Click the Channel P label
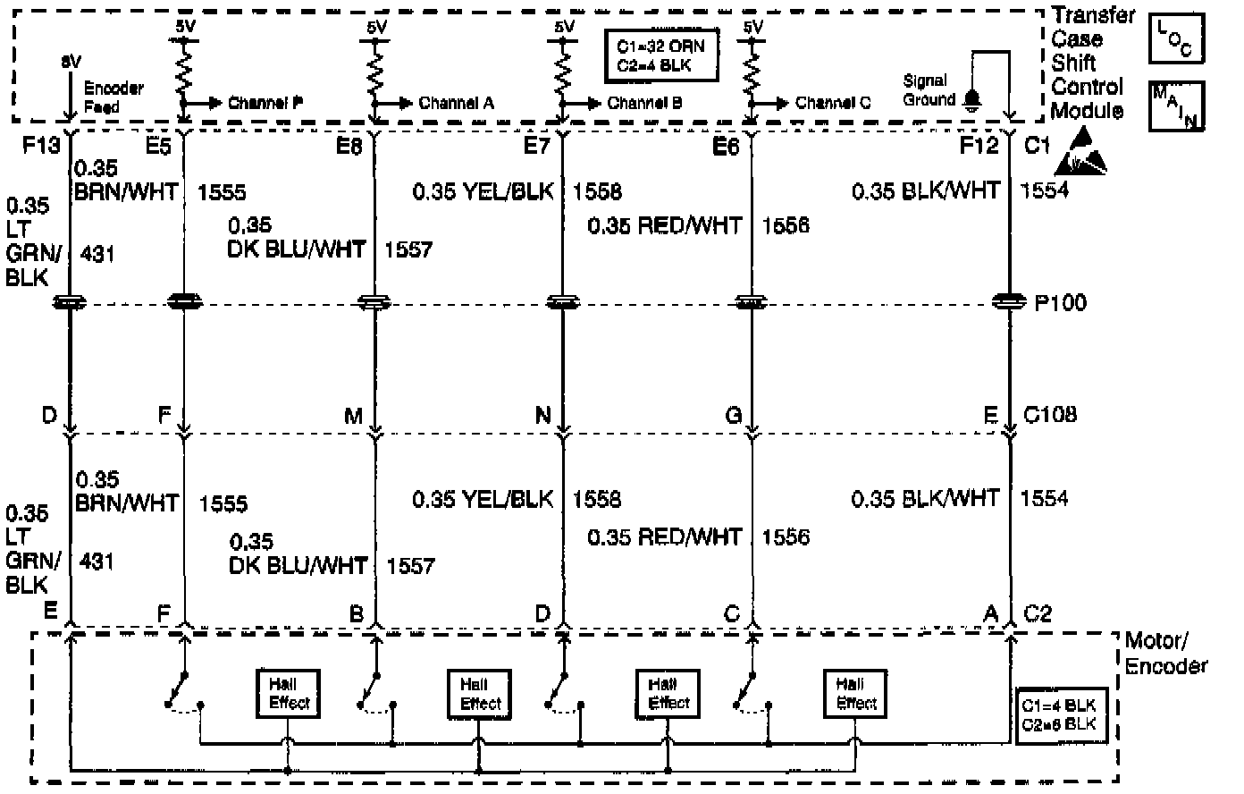click(x=265, y=103)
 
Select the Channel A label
click(x=456, y=103)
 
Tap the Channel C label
click(x=833, y=103)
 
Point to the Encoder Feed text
click(x=113, y=97)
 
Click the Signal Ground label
click(x=929, y=90)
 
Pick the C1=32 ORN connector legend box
click(x=660, y=56)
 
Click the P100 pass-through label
click(x=1061, y=303)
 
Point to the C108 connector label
click(x=1050, y=415)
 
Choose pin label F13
click(x=41, y=145)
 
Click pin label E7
click(x=537, y=145)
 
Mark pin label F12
click(x=979, y=145)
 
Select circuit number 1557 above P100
click(x=408, y=249)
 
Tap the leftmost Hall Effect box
click(x=289, y=693)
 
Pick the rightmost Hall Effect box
click(x=856, y=693)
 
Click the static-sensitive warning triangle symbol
click(x=1081, y=153)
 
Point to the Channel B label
click(x=645, y=103)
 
